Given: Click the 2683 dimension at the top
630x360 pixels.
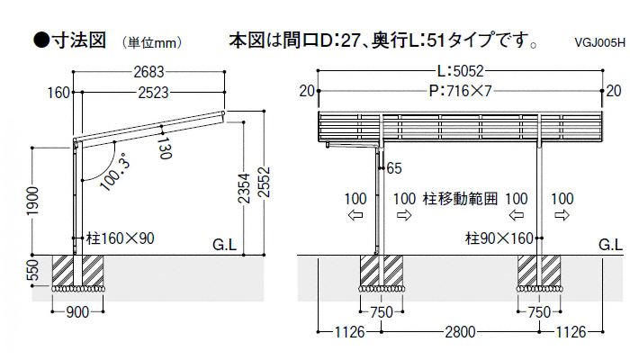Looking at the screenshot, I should coord(150,72).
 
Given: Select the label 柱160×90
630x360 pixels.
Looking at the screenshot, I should coord(121,240).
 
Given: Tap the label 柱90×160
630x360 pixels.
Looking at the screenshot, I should coord(500,240).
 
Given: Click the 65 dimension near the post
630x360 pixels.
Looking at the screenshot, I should coord(393,168).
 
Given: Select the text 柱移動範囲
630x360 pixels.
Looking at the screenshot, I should coord(459,197).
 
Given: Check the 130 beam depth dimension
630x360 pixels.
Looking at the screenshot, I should coord(163,148).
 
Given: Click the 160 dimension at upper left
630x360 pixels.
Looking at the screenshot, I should coord(58,91).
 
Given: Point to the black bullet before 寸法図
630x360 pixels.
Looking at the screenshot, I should coord(40,40).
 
